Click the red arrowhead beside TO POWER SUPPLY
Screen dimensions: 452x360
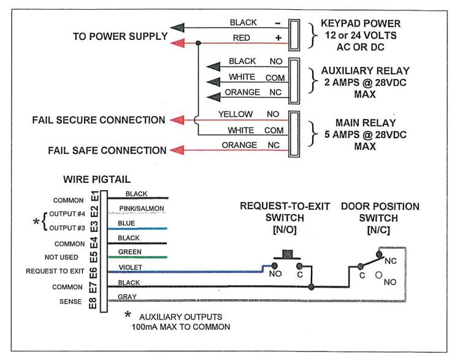tap(178, 43)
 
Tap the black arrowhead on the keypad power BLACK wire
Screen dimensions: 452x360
tap(178, 28)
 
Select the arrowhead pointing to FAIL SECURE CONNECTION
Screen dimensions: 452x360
tap(177, 120)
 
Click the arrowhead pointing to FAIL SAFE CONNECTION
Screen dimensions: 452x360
tap(177, 150)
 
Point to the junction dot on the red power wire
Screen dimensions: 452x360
tap(198, 43)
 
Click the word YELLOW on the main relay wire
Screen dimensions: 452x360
tap(236, 114)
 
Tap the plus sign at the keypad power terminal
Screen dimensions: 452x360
tap(278, 37)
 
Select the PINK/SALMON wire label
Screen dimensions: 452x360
tap(142, 208)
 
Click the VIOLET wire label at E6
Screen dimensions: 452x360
tap(130, 267)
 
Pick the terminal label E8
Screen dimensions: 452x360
tap(93, 302)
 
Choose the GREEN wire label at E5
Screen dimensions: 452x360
tap(130, 252)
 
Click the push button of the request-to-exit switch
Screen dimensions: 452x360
tap(287, 255)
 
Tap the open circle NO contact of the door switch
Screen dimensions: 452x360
tap(379, 275)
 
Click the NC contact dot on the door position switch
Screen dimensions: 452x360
tap(380, 255)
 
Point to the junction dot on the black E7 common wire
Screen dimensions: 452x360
tap(311, 287)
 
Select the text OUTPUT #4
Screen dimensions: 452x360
tap(67, 214)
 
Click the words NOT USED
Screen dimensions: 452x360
tap(61, 257)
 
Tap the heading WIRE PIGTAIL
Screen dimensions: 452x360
tap(97, 179)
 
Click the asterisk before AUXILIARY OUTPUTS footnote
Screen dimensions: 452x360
tap(128, 315)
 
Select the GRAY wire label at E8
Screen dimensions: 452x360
tap(127, 297)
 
